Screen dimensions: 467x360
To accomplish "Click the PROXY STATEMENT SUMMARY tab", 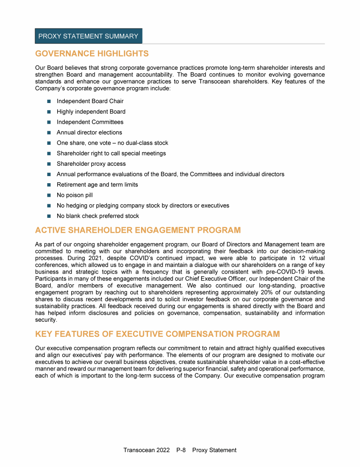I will pyautogui.click(x=88, y=36).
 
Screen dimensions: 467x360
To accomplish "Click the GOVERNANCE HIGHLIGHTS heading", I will pyautogui.click(x=92, y=53).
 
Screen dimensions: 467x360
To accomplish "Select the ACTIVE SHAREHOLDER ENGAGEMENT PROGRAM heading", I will pyautogui.click(x=138, y=230).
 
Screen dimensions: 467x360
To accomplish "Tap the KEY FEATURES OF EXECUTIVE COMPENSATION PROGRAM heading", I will pyautogui.click(x=157, y=334).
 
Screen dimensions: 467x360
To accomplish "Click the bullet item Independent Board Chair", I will pyautogui.click(x=90, y=101).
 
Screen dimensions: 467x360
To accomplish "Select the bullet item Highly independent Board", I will pyautogui.click(x=91, y=111).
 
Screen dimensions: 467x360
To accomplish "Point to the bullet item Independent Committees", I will pyautogui.click(x=90, y=122).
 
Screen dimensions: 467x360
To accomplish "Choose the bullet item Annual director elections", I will pyautogui.click(x=89, y=133).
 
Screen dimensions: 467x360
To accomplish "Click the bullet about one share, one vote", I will pyautogui.click(x=112, y=143).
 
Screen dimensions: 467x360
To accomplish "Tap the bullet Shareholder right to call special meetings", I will pyautogui.click(x=111, y=153).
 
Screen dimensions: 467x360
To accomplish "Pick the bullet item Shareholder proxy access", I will pyautogui.click(x=91, y=164).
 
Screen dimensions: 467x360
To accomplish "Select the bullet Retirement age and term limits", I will pyautogui.click(x=97, y=185).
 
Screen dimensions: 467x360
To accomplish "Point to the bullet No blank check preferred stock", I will pyautogui.click(x=97, y=216).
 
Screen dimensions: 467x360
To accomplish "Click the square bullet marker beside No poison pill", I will pyautogui.click(x=49, y=195).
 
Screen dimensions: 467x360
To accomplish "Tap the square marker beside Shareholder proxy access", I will pyautogui.click(x=49, y=164).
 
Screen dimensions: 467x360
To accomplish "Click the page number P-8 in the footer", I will pyautogui.click(x=181, y=450).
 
